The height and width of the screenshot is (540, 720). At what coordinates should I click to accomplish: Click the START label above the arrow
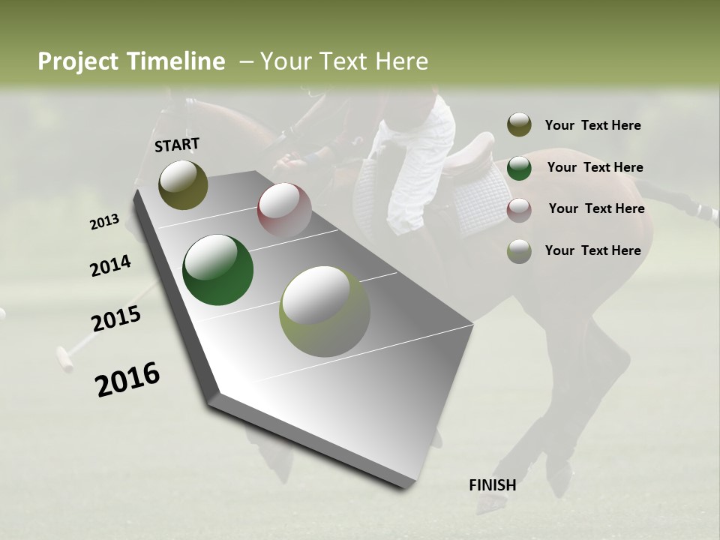coord(177,145)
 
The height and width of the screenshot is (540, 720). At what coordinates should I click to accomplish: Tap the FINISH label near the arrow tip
coord(492,485)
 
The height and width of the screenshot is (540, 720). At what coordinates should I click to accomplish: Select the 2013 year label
coord(104,221)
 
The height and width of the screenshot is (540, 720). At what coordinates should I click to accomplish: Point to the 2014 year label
coord(110,265)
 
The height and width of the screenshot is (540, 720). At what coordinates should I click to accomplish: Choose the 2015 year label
coord(116,319)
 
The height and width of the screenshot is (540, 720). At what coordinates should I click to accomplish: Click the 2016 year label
coord(127,379)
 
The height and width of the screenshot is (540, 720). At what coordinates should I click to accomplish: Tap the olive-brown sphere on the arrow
coord(183,184)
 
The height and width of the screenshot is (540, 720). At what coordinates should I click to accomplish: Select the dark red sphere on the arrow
coord(284,209)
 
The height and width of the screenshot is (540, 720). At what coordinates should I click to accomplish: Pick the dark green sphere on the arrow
coord(217,270)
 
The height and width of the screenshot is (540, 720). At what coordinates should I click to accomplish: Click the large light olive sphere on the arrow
coord(325,311)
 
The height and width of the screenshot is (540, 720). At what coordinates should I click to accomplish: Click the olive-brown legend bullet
coord(519,125)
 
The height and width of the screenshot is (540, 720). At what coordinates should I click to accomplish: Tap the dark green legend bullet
coord(519,167)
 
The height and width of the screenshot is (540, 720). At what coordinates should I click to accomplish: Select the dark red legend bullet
coord(519,209)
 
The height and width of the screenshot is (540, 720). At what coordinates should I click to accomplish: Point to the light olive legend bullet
coord(519,251)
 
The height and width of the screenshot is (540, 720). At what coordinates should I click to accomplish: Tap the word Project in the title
coord(77,61)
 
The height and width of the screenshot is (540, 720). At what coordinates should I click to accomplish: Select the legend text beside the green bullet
coord(595,167)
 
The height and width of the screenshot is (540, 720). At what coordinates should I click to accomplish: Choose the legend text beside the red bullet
coord(596,208)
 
